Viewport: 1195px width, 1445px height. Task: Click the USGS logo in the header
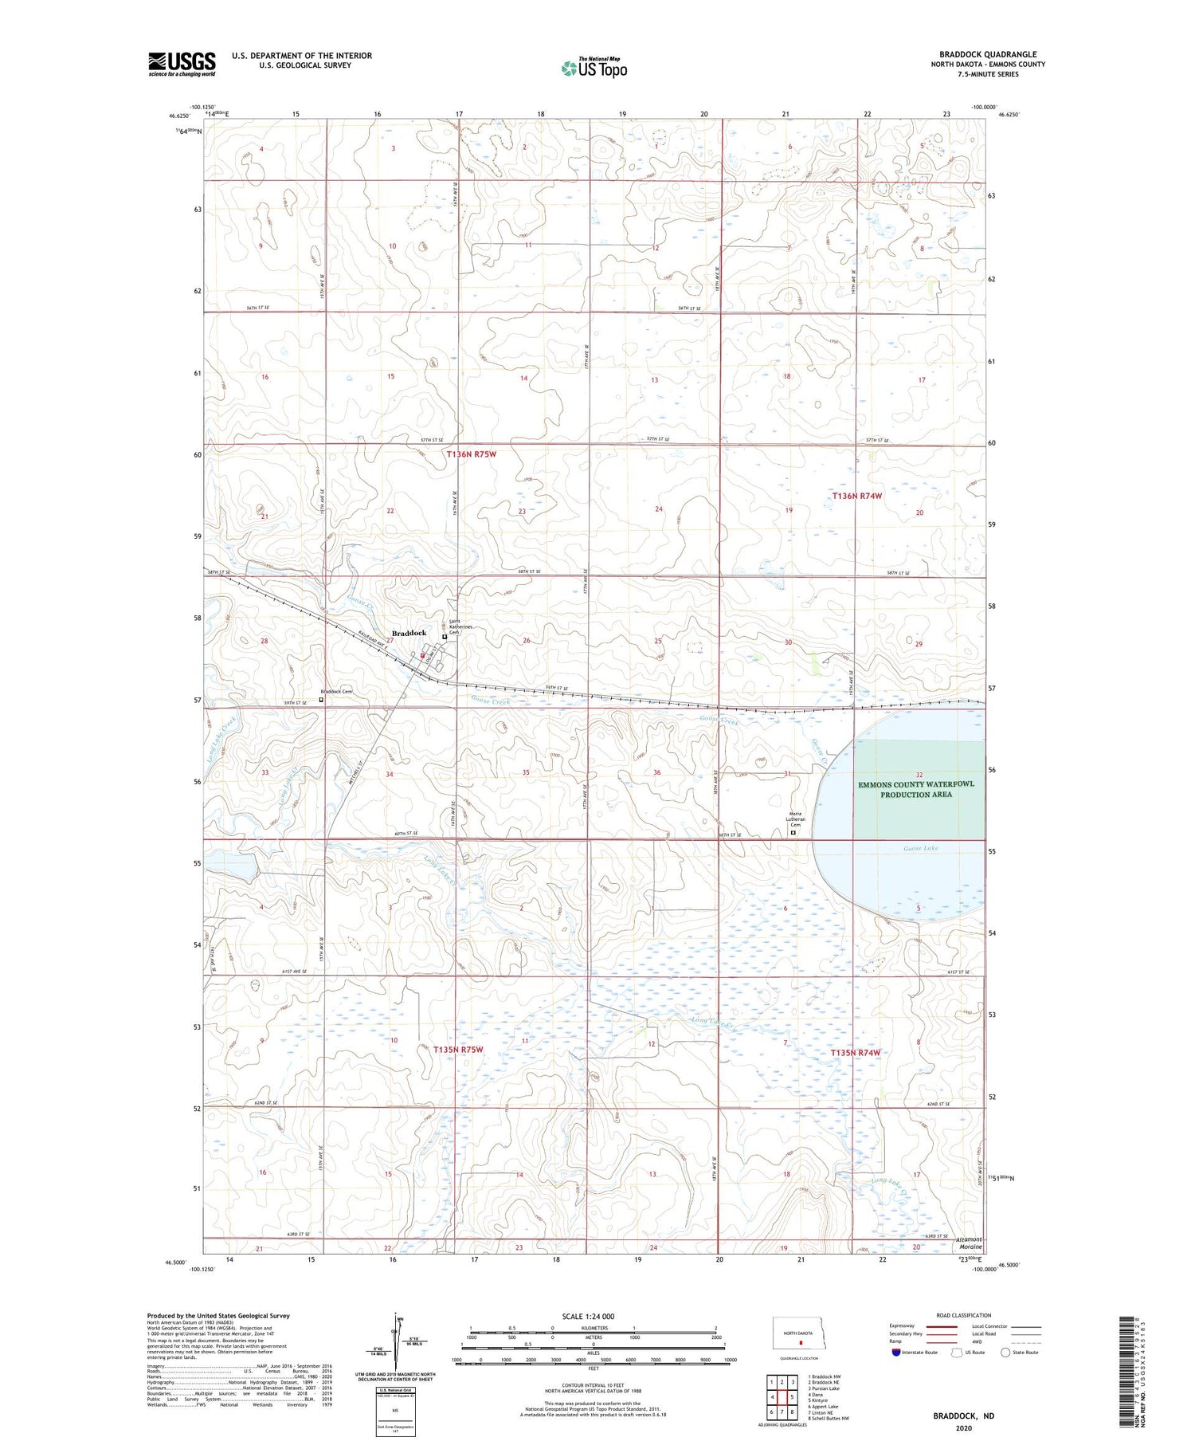point(182,64)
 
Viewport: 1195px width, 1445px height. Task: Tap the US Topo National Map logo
point(594,68)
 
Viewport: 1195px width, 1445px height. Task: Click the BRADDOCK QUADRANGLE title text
point(987,54)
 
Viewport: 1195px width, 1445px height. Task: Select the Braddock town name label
point(409,633)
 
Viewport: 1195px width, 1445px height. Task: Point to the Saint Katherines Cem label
point(461,627)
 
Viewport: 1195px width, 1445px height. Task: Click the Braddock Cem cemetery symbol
point(321,700)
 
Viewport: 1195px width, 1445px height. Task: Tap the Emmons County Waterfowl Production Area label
point(915,789)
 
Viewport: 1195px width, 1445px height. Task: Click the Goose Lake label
point(920,848)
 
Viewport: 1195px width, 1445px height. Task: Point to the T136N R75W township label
point(472,454)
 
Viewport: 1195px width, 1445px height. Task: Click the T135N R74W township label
point(856,1053)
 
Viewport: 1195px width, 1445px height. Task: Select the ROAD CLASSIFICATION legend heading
point(964,1315)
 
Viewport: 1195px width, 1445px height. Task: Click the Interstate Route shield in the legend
point(896,1353)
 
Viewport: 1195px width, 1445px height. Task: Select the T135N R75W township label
point(459,1050)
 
